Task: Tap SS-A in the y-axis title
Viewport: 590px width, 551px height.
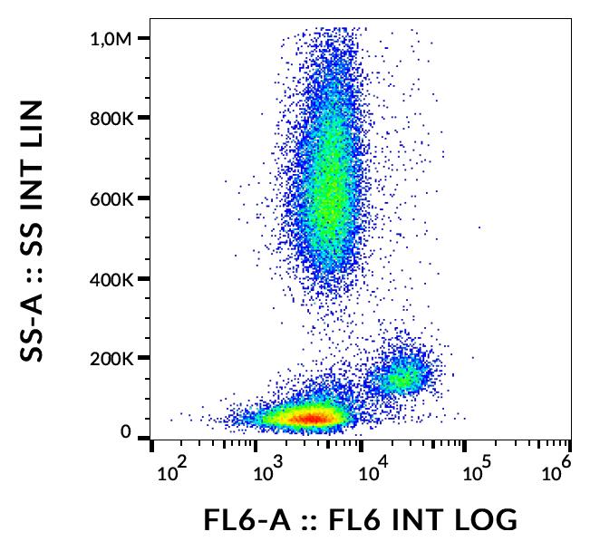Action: pyautogui.click(x=34, y=318)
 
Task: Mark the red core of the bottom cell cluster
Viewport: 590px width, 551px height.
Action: pyautogui.click(x=310, y=418)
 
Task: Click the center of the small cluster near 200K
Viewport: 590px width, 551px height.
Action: pyautogui.click(x=403, y=374)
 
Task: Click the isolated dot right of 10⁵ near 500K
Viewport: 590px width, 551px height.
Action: pyautogui.click(x=479, y=227)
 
